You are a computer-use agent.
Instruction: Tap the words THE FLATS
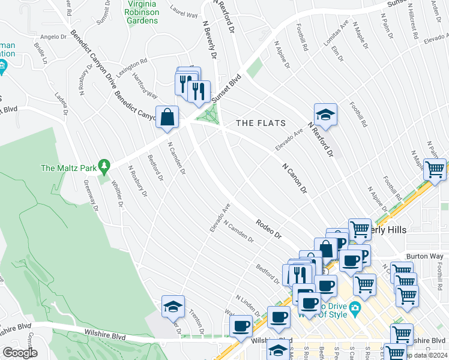tap(261, 123)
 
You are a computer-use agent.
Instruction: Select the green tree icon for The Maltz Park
tap(104, 164)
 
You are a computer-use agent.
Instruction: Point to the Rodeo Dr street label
tap(268, 229)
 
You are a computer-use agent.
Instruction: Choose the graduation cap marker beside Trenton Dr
tap(173, 307)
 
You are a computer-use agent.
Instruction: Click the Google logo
tap(20, 353)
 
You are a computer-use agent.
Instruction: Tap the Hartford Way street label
tap(145, 87)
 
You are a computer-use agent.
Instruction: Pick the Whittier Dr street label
tap(118, 195)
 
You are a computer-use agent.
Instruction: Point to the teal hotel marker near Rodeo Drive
tap(356, 310)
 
